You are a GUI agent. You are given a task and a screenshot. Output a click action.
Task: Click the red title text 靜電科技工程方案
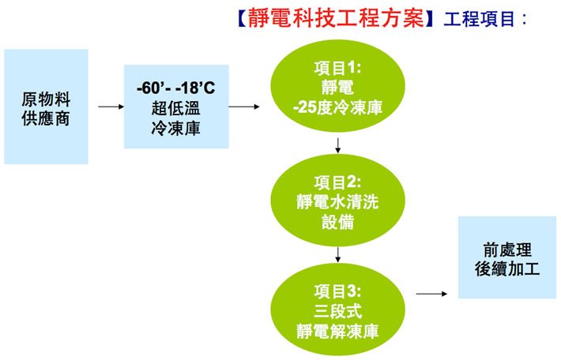coord(336,18)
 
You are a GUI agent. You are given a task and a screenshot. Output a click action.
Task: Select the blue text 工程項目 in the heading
coord(479,19)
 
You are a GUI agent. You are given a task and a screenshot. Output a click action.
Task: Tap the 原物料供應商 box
coord(46,107)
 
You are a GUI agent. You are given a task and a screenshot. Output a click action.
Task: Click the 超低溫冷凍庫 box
coord(176,107)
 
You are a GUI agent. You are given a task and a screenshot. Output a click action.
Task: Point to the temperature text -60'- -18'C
coord(175,88)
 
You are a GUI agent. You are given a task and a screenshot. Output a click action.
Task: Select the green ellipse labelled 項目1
coord(337,86)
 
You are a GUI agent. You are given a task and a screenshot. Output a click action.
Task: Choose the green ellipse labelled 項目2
coord(337,201)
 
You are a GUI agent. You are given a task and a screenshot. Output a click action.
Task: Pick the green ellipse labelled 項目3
coord(337,310)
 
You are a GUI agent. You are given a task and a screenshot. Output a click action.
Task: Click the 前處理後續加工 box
coord(507,257)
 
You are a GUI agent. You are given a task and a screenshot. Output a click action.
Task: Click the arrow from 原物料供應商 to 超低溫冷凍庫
coord(111,107)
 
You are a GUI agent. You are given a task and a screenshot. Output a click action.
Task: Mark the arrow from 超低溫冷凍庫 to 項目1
coord(244,107)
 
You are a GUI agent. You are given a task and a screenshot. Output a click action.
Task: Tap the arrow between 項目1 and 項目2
coord(337,145)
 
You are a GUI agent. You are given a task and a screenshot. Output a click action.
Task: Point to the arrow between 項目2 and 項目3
coord(337,254)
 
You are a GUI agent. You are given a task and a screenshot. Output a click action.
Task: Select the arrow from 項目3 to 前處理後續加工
coord(431,294)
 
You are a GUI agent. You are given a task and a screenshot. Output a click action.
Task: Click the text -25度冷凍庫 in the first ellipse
coord(337,107)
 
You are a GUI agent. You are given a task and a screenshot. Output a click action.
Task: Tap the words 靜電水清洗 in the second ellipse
coord(337,202)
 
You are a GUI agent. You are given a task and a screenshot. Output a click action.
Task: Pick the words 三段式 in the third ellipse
coord(337,311)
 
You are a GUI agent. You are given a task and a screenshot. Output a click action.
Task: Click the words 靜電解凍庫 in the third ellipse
coord(337,331)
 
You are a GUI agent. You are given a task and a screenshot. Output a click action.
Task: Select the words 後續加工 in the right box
coord(507,269)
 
